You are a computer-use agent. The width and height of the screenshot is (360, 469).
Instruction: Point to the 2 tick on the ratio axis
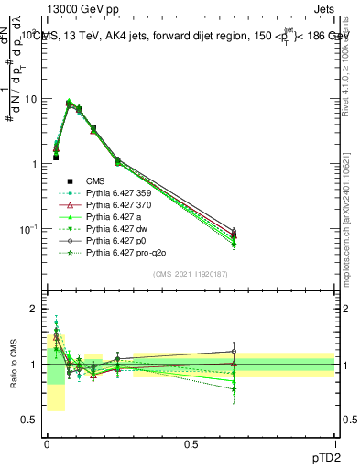coord(34,309)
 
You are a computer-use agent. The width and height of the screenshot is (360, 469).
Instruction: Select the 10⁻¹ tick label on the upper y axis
coord(28,228)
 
